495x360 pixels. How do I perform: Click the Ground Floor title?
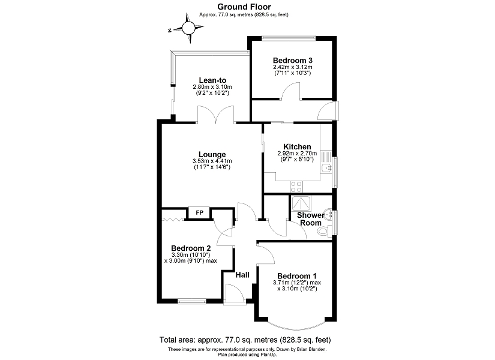pyautogui.click(x=247, y=7)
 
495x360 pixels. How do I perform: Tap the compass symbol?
pyautogui.click(x=188, y=28)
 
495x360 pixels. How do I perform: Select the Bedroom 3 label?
pyautogui.click(x=292, y=61)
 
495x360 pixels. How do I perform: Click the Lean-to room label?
pyautogui.click(x=212, y=80)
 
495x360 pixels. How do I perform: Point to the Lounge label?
pyautogui.click(x=212, y=154)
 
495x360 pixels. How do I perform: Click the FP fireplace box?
pyautogui.click(x=199, y=213)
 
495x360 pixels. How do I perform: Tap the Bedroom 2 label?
pyautogui.click(x=190, y=248)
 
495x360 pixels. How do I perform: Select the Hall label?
pyautogui.click(x=242, y=275)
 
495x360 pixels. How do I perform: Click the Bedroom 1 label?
pyautogui.click(x=297, y=275)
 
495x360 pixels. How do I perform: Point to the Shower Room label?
pyautogui.click(x=311, y=219)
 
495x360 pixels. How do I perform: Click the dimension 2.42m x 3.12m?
pyautogui.click(x=292, y=67)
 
